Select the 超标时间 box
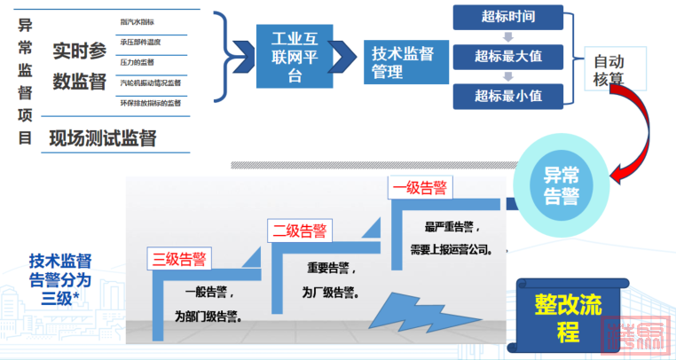click(x=507, y=17)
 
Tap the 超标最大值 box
click(x=507, y=57)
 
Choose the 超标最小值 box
click(x=507, y=96)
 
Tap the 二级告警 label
click(x=300, y=232)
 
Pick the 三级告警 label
click(x=180, y=259)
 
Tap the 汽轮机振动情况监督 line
click(x=150, y=82)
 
